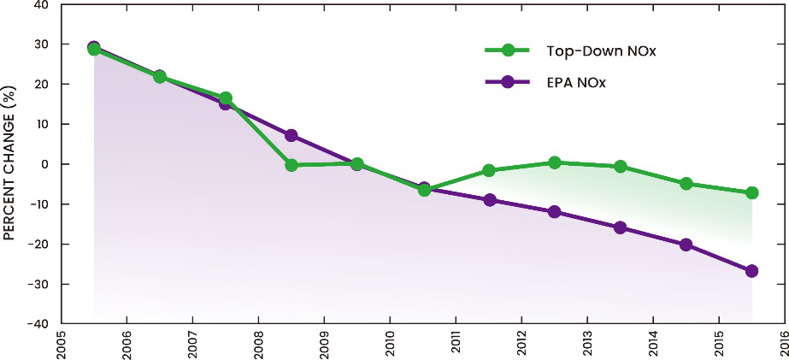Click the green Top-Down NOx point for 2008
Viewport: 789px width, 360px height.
[x=291, y=165]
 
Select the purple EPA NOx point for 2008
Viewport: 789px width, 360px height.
[x=291, y=135]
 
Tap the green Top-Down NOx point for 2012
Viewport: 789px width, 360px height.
[x=555, y=162]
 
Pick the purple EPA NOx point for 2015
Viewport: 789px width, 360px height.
[x=752, y=271]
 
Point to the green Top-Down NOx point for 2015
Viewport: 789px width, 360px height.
[x=752, y=193]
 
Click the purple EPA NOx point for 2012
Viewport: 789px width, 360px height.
[x=555, y=211]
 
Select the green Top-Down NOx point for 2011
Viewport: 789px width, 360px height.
[x=489, y=171]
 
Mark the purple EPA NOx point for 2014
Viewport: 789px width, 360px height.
[x=686, y=245]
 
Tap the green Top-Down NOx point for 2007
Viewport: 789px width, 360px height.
[x=226, y=98]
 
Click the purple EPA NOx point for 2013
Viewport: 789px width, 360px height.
[x=621, y=227]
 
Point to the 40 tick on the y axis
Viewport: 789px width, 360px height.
[x=39, y=5]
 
